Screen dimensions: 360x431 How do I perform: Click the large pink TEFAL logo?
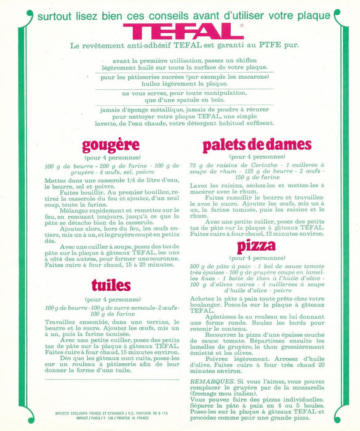[183, 31]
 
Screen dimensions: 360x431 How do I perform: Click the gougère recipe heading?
[111, 146]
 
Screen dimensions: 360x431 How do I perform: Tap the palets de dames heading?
[257, 145]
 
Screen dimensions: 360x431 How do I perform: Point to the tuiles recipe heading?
[111, 284]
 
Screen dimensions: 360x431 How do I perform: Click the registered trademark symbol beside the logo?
[241, 25]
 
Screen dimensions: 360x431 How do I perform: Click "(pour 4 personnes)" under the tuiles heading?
[111, 299]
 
